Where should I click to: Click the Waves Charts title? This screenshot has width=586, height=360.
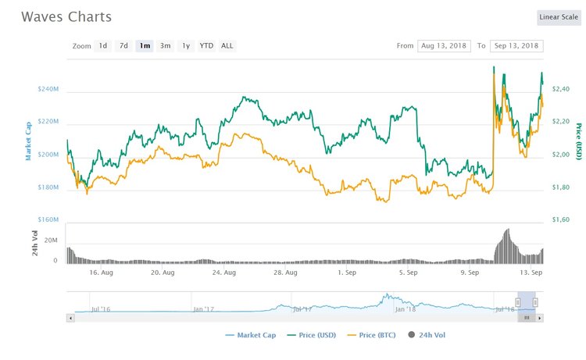66,16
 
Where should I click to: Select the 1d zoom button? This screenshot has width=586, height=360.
102,46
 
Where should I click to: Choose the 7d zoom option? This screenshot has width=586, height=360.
123,46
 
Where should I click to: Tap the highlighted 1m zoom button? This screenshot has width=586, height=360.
145,46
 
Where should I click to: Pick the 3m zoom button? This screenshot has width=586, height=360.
166,46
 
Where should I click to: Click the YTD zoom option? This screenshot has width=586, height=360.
206,46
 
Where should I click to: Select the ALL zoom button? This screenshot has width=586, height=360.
227,46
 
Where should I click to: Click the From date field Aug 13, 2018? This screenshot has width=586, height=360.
443,46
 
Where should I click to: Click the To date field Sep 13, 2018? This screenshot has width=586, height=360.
516,46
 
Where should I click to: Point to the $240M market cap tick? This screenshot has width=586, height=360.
48,89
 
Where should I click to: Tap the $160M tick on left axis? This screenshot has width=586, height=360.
48,220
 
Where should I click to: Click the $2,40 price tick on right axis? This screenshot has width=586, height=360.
561,89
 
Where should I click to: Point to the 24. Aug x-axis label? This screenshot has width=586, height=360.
225,273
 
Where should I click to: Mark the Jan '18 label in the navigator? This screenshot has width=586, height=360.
405,309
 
